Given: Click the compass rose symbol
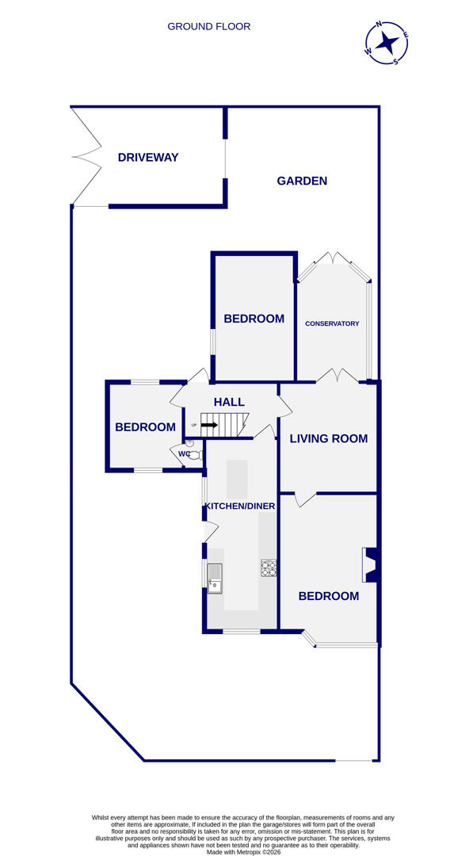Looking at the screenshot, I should coord(387,43).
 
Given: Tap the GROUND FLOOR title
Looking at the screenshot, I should coord(208,26).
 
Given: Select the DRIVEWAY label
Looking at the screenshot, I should coord(148,157).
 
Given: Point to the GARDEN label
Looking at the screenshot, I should coord(302,181).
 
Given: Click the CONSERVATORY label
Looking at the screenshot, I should coord(332,323).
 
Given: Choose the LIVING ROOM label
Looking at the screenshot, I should coord(328,438).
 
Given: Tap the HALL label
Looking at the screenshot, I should coord(229,402).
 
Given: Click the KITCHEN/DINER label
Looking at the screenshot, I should coord(240,506).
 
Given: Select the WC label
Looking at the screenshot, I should coord(184,453).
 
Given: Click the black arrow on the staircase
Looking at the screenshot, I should coord(209,425).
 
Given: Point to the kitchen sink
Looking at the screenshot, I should coord(215,576).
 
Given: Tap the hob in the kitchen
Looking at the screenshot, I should coord(269,567).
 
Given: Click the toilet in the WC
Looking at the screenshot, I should coord(195,455).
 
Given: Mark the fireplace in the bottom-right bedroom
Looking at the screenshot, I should coord(370,564).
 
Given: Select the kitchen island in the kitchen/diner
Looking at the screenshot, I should coord(237,479).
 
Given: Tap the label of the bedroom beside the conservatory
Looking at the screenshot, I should coord(254,319).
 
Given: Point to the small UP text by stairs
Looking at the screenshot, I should coord(193,426).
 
